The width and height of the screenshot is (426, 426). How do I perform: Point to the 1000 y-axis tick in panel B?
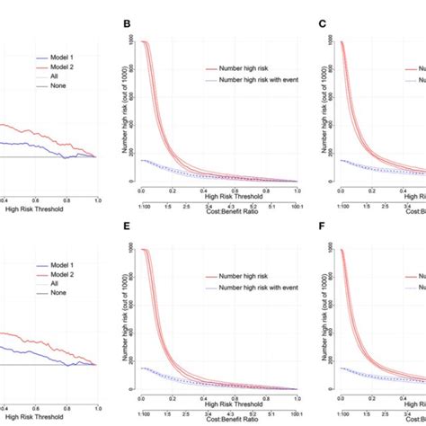[x=132, y=40]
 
